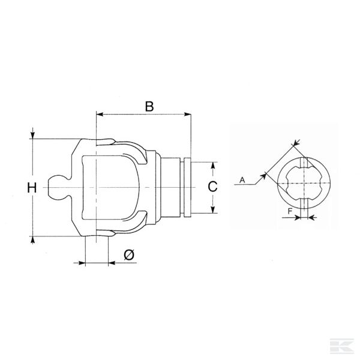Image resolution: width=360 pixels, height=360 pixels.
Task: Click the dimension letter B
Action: (149, 106)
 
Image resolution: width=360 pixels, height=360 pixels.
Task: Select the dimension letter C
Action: (212, 187)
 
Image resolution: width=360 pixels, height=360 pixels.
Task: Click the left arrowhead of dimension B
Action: (99, 114)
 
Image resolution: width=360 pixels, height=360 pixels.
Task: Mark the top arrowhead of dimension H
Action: (32, 136)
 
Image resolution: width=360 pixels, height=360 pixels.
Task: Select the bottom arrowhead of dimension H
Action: (32, 238)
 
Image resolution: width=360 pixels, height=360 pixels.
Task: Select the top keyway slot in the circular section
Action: (305, 163)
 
